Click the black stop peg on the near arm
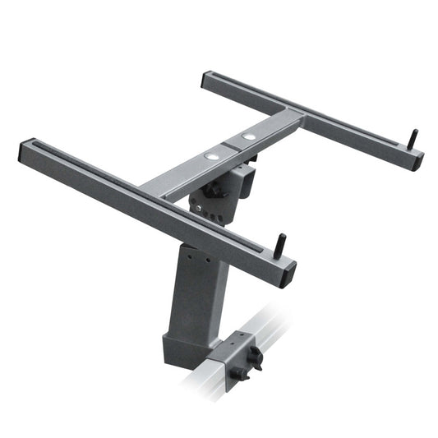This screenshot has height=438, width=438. [281, 244]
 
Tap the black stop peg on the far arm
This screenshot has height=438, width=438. [413, 138]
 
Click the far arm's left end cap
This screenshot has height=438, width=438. [207, 81]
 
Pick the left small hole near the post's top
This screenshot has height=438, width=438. [187, 256]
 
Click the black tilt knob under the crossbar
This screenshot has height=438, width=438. [215, 190]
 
